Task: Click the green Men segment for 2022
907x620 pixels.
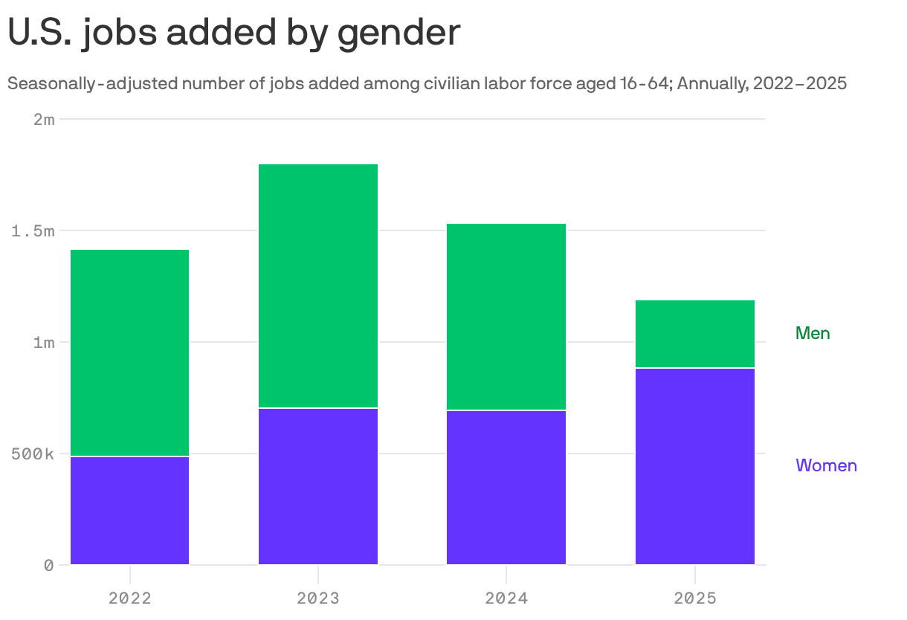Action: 129,353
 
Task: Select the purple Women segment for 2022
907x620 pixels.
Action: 129,511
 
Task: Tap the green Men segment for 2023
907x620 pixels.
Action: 318,286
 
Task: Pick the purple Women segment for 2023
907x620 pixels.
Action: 318,487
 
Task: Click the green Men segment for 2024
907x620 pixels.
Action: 506,317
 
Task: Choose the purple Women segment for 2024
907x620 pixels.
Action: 506,488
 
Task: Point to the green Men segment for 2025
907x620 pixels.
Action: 695,334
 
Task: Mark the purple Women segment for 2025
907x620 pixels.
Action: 695,467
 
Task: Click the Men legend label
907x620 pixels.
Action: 813,333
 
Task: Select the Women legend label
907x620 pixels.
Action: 826,465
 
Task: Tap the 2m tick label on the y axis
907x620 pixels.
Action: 44,120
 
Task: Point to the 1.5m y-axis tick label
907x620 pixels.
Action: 33,231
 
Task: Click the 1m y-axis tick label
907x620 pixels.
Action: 44,343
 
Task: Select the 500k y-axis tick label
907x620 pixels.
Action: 33,454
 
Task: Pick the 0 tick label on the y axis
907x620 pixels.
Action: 49,566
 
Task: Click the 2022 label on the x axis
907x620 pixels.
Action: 129,598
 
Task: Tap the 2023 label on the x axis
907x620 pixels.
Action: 318,598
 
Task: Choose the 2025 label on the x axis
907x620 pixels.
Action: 695,598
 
